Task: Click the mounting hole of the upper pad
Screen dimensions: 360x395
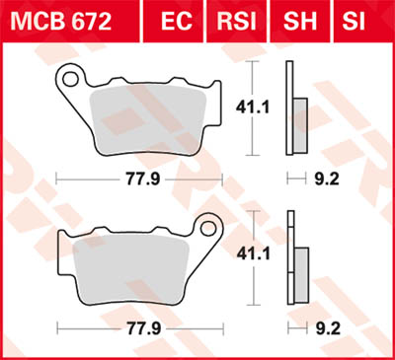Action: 69,76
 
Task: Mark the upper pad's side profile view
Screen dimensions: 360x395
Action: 291,108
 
